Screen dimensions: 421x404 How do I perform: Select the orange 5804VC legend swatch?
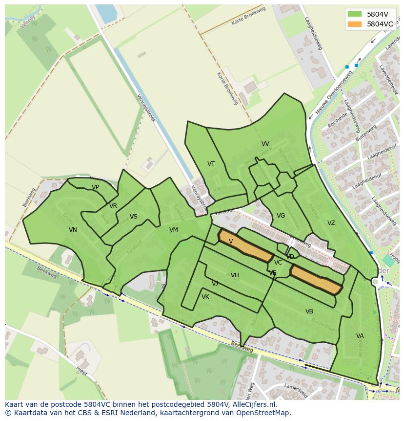pyautogui.click(x=355, y=24)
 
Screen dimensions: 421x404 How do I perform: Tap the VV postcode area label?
pyautogui.click(x=265, y=144)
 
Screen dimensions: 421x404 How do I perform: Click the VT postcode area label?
pyautogui.click(x=211, y=164)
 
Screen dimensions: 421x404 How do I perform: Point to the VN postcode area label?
pyautogui.click(x=73, y=230)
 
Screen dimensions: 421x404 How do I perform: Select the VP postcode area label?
pyautogui.click(x=95, y=187)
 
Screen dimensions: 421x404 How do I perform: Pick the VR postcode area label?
pyautogui.click(x=113, y=206)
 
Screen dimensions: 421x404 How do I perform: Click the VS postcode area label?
pyautogui.click(x=133, y=217)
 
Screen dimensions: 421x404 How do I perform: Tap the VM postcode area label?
pyautogui.click(x=174, y=230)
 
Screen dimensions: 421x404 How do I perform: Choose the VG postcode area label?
pyautogui.click(x=281, y=216)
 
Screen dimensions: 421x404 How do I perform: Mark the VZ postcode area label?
pyautogui.click(x=331, y=223)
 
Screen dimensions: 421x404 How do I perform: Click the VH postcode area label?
pyautogui.click(x=235, y=275)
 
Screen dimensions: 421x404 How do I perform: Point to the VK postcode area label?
pyautogui.click(x=205, y=297)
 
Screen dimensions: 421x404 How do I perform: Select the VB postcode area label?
pyautogui.click(x=309, y=311)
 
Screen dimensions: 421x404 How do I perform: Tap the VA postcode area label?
pyautogui.click(x=360, y=336)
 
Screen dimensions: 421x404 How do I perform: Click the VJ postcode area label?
pyautogui.click(x=215, y=284)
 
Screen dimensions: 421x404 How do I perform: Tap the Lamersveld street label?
pyautogui.click(x=295, y=387)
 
